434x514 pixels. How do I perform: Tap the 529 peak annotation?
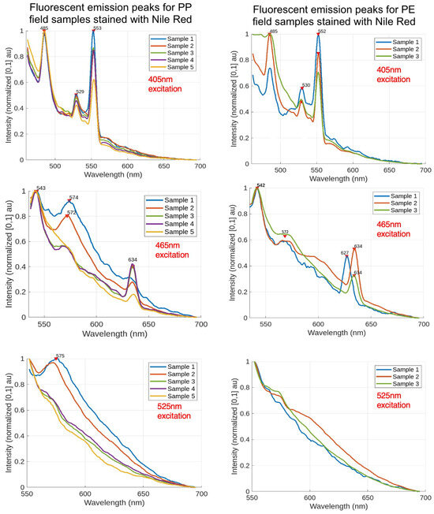80,91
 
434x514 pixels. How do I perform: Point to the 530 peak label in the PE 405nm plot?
305,85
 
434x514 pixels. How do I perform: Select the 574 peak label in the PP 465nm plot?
73,198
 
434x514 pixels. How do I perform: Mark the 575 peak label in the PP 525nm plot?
60,356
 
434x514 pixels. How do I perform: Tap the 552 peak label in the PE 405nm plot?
322,32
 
